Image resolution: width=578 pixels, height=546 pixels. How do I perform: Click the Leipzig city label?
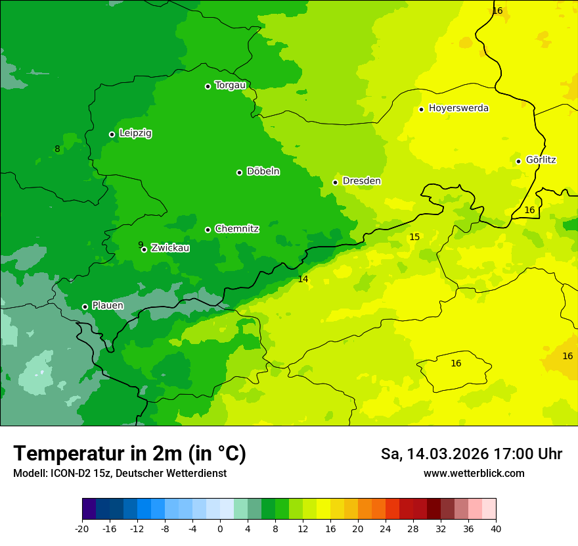[x=135, y=133]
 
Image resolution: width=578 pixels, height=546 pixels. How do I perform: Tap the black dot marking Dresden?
[x=335, y=182]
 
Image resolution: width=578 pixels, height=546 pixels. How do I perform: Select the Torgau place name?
[x=230, y=86]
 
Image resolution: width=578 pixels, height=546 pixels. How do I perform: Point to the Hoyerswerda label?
[x=458, y=109]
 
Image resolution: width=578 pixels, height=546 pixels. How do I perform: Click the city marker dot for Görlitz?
[x=518, y=161]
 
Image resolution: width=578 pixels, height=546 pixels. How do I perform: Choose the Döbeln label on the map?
[x=263, y=172]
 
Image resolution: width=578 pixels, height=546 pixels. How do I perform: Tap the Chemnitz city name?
[x=236, y=229]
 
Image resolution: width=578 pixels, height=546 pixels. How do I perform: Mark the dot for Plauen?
[x=85, y=307]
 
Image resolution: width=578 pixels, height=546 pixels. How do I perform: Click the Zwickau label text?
[x=170, y=248]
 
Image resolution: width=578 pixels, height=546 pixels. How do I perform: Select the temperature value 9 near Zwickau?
[x=141, y=245]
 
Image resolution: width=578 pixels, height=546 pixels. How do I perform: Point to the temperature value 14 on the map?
[x=303, y=279]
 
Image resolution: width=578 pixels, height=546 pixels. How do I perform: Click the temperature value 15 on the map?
[x=414, y=237]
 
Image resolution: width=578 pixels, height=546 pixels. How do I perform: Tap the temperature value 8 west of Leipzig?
[x=57, y=149]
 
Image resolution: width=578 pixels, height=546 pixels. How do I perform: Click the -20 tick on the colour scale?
[x=82, y=529]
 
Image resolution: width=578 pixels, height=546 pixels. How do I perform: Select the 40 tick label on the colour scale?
[x=496, y=529]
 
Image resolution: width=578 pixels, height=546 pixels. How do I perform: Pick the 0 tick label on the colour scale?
[x=220, y=529]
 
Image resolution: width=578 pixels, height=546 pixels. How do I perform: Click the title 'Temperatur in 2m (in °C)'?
[x=129, y=453]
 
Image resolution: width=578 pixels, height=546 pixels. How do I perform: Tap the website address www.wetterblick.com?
[x=474, y=473]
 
